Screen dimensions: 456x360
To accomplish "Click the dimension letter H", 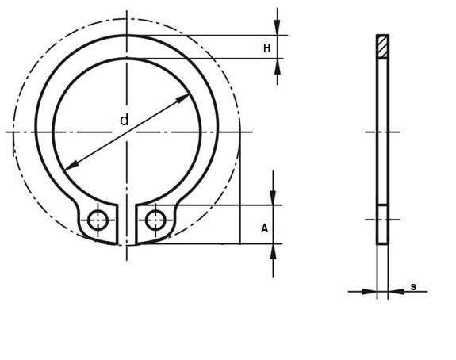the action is click(x=266, y=48).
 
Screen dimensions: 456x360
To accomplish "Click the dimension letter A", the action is click(x=264, y=228).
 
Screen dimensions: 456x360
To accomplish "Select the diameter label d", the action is click(x=125, y=120).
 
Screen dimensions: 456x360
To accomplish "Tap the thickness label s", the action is click(x=413, y=287).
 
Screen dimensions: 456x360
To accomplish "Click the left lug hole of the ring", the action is click(x=98, y=220).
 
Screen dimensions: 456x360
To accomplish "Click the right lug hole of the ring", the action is click(x=155, y=220).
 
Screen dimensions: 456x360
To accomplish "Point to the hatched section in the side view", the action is click(x=382, y=47).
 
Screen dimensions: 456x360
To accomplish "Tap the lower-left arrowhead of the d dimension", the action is click(x=71, y=165).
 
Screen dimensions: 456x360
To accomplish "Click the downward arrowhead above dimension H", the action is click(x=277, y=27).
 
